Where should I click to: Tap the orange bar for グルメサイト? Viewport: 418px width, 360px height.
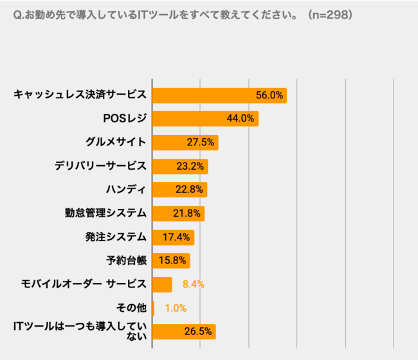point(185,142)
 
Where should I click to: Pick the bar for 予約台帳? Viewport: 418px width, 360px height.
point(171,260)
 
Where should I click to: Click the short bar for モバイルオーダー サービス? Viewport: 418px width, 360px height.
point(162,284)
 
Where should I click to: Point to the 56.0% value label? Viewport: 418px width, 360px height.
point(269,95)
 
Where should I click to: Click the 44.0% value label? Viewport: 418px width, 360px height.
point(242,119)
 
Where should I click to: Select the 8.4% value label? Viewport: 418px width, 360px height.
point(193,284)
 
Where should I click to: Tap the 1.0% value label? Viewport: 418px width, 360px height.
point(176,308)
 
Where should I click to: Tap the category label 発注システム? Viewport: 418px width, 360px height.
point(116,237)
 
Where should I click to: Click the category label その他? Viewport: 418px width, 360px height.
point(134,308)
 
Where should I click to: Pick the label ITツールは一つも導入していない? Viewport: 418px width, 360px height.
point(80,332)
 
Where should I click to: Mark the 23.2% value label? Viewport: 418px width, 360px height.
point(190,166)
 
